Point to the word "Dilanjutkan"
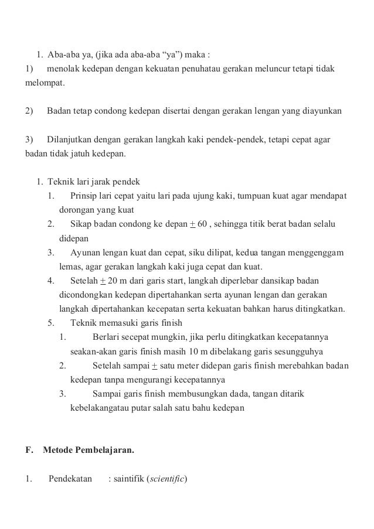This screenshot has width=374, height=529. pyautogui.click(x=69, y=141)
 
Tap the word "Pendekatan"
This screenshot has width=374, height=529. pyautogui.click(x=70, y=479)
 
